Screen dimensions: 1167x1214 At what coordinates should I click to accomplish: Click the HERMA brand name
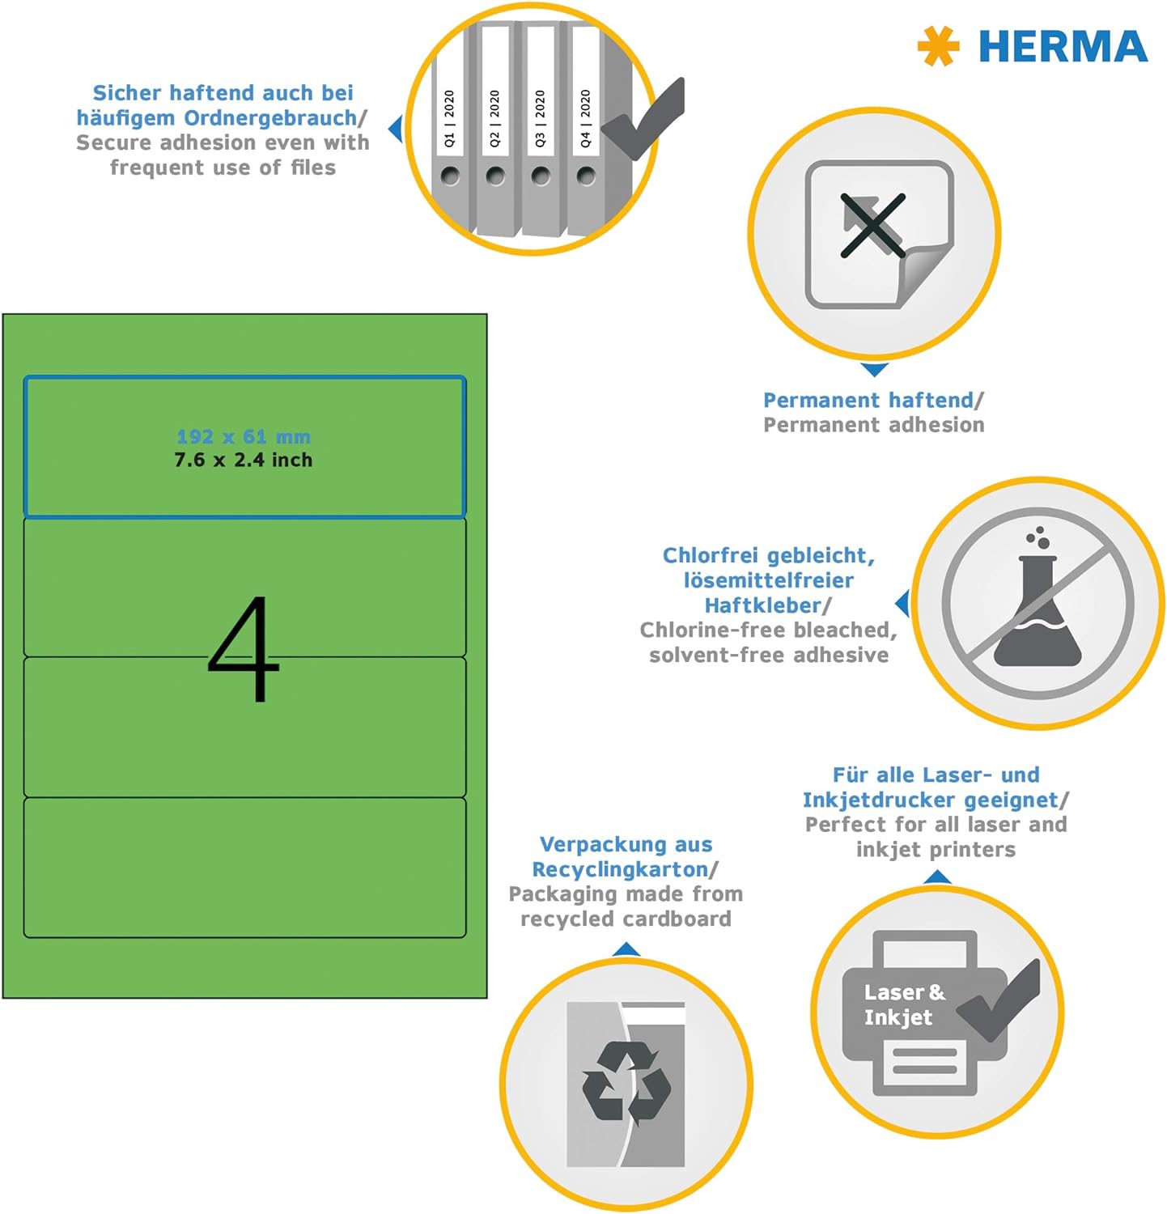[1063, 46]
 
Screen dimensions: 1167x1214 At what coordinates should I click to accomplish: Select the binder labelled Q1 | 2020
[449, 129]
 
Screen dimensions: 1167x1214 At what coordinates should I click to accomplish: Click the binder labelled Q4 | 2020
[586, 129]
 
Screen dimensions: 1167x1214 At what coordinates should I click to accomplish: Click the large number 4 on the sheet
[244, 649]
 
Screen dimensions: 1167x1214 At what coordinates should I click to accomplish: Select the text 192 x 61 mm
[244, 437]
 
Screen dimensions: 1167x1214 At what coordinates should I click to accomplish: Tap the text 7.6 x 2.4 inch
[244, 460]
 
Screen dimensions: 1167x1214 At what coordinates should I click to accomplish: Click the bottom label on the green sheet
[244, 868]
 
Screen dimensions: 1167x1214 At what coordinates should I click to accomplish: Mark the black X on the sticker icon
[872, 226]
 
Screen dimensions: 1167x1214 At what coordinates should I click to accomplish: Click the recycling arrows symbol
[626, 1084]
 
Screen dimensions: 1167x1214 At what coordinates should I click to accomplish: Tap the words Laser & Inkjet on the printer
[904, 1004]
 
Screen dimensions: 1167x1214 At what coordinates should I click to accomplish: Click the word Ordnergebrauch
[270, 118]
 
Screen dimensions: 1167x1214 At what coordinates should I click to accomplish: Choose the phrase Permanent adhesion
[874, 425]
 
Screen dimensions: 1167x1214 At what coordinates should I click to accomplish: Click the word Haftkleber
[762, 605]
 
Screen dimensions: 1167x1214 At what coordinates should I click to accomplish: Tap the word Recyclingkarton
[620, 870]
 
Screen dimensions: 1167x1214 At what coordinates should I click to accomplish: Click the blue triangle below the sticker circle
[874, 370]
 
